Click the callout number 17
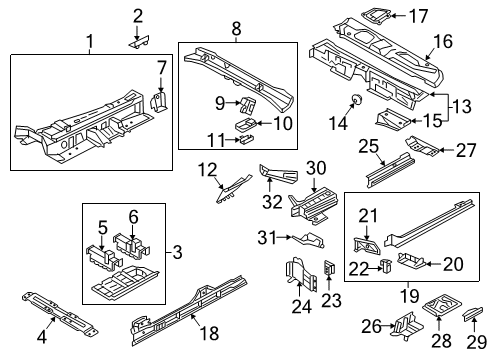(418, 16)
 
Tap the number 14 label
(338, 123)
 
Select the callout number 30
(316, 168)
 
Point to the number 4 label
(42, 337)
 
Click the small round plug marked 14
(356, 99)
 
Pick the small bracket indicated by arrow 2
(139, 42)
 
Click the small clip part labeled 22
(386, 266)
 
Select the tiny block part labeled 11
(246, 138)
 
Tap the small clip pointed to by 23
(329, 267)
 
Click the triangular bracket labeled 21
(366, 246)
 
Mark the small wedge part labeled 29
(473, 314)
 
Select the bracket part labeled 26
(408, 326)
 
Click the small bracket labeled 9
(247, 104)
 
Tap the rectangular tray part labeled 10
(246, 125)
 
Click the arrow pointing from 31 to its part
(285, 237)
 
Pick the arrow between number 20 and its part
(434, 264)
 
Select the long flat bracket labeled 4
(60, 315)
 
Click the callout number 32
(272, 201)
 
